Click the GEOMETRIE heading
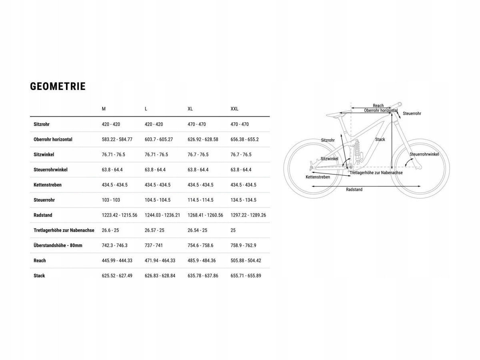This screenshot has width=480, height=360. click(58, 86)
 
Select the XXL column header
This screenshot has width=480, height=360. click(234, 109)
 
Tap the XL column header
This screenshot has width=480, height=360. click(190, 109)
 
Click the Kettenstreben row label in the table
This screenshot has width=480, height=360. click(48, 185)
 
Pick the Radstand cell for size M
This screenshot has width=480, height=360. click(120, 215)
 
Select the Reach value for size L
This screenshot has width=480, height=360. click(160, 260)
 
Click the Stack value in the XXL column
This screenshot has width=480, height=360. click(246, 276)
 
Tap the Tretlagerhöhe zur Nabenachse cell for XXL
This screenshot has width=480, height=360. click(233, 230)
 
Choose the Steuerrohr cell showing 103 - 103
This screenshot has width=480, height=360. click(111, 200)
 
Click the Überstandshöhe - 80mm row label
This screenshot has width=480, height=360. click(58, 245)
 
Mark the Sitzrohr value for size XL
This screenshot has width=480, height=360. click(197, 124)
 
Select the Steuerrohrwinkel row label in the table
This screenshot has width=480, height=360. click(50, 170)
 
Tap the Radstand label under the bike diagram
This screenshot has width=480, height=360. click(354, 190)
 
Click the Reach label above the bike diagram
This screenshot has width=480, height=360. click(378, 106)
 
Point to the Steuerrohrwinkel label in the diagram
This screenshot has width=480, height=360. click(424, 154)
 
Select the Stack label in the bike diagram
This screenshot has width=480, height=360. click(380, 140)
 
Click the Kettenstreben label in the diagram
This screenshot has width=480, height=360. click(318, 177)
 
